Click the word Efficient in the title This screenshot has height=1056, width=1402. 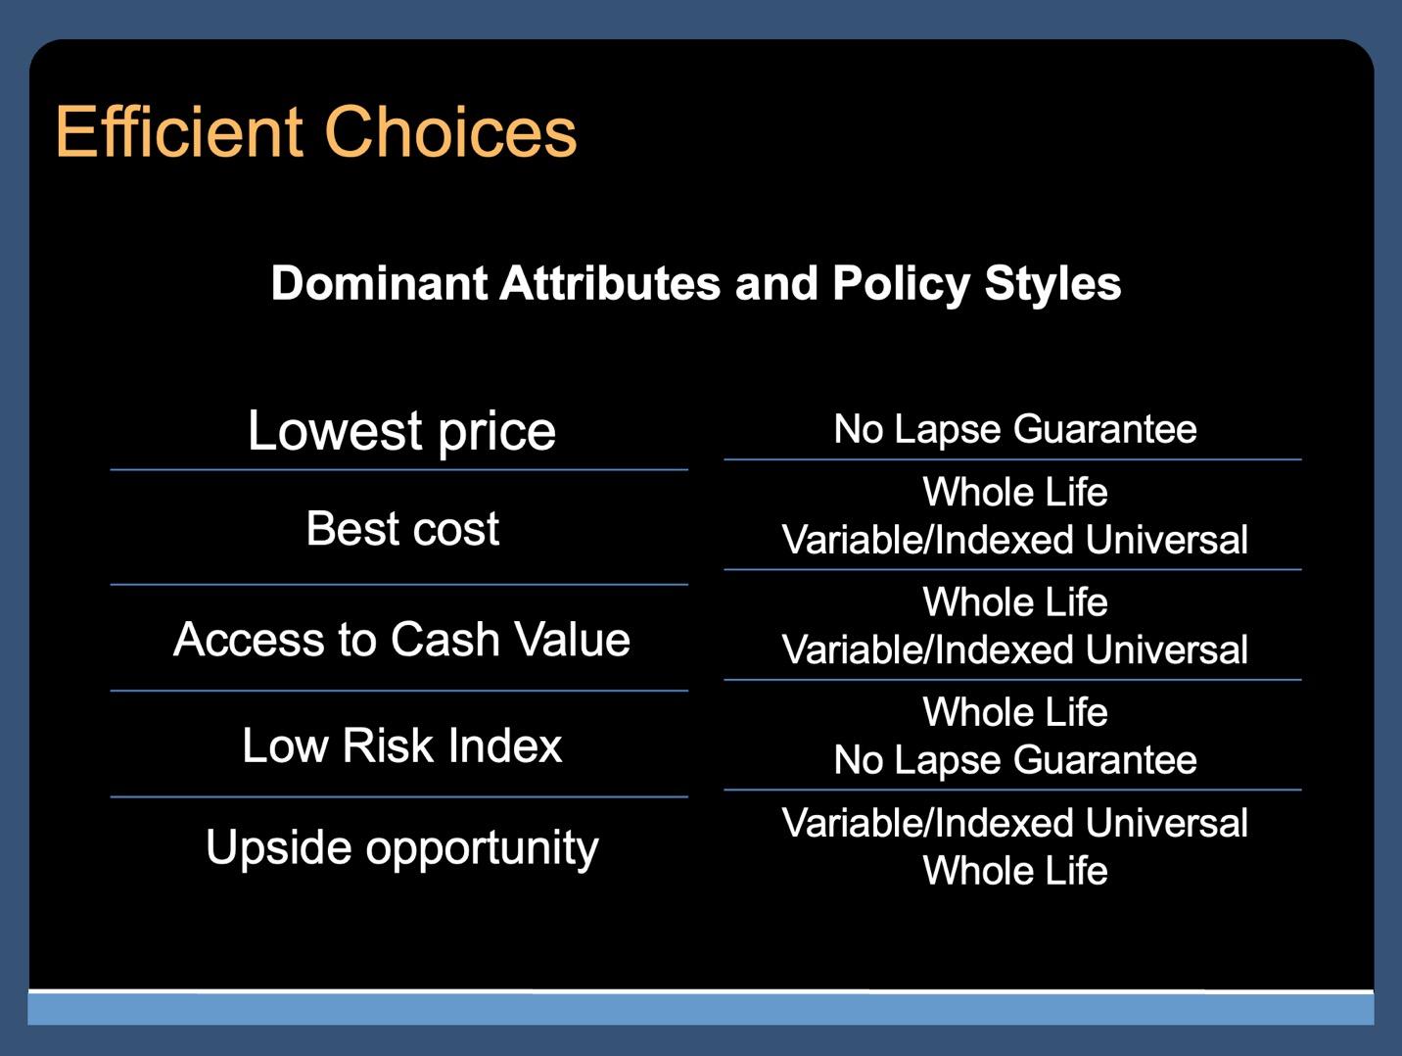(179, 131)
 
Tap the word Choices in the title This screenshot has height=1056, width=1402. (451, 131)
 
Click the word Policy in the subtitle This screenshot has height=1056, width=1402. (902, 285)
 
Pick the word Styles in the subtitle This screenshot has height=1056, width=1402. (1052, 285)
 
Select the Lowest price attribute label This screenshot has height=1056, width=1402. (401, 432)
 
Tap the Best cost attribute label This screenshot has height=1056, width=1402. (402, 528)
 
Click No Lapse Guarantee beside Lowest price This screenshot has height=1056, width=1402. (1015, 429)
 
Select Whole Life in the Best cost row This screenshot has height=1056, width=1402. (1015, 492)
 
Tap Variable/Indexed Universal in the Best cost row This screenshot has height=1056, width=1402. (1015, 540)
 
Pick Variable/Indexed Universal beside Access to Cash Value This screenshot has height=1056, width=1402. (1015, 649)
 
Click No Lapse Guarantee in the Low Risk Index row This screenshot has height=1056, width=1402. (1015, 761)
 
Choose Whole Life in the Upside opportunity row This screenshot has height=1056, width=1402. (1015, 870)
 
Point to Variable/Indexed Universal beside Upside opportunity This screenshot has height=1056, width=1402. (1015, 823)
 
